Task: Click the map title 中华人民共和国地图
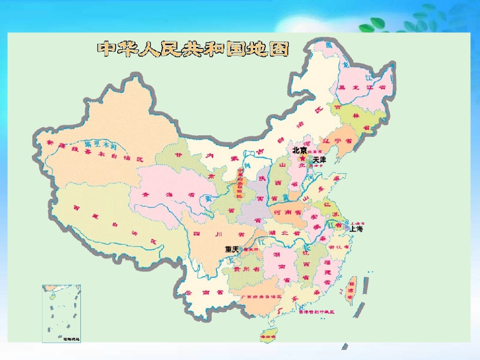pyautogui.click(x=193, y=49)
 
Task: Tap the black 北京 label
pyautogui.click(x=299, y=150)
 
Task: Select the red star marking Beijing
pyautogui.click(x=303, y=158)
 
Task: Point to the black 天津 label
pyautogui.click(x=319, y=160)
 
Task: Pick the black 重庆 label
pyautogui.click(x=231, y=249)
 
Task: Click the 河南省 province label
pyautogui.click(x=286, y=213)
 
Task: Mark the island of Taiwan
pyautogui.click(x=350, y=290)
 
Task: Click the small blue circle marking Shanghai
pyautogui.click(x=347, y=228)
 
